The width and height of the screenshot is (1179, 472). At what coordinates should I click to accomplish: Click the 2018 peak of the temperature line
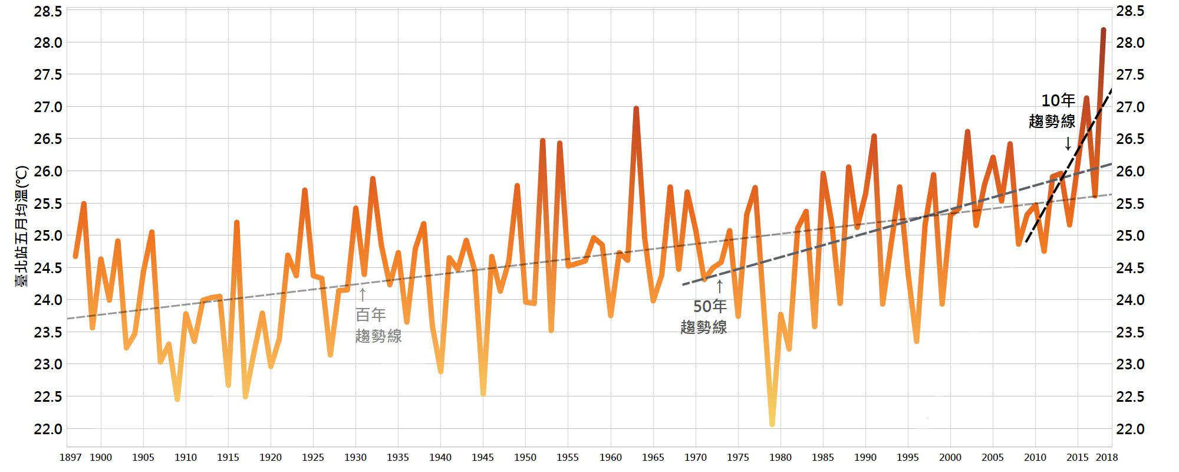(x=1103, y=30)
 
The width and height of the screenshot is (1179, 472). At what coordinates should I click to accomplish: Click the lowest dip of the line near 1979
(x=772, y=423)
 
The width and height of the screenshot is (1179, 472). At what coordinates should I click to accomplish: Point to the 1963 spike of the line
(x=636, y=109)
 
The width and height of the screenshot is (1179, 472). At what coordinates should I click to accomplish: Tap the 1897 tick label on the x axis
(x=71, y=457)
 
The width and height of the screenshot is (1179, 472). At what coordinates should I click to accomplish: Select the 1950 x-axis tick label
(x=525, y=457)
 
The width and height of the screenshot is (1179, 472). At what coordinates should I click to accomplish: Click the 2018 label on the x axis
(x=1106, y=457)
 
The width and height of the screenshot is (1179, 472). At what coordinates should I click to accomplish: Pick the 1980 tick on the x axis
(x=780, y=457)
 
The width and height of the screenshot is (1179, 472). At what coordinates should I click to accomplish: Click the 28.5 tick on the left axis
(x=48, y=11)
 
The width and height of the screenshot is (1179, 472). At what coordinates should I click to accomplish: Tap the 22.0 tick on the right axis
(x=1130, y=429)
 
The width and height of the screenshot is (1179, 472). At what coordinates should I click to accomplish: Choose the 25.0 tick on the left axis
(x=48, y=235)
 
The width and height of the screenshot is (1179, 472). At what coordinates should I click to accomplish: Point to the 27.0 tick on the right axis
(x=1130, y=107)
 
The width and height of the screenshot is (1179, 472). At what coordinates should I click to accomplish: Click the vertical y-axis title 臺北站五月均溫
(x=22, y=226)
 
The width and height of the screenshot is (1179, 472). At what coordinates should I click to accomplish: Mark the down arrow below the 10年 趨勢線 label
(x=1068, y=143)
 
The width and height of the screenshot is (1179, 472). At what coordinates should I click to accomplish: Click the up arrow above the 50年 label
(x=719, y=287)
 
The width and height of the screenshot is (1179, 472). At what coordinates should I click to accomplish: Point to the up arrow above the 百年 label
(x=363, y=294)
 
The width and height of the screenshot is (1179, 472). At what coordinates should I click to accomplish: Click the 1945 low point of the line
(x=483, y=394)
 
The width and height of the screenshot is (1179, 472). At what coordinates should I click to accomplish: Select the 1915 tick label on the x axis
(x=228, y=457)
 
